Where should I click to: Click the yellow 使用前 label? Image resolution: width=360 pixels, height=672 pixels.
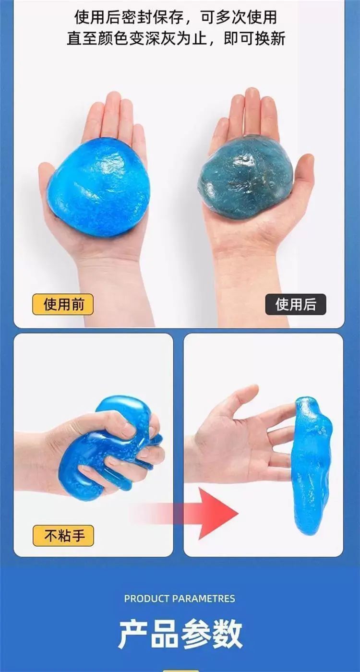click(63, 304)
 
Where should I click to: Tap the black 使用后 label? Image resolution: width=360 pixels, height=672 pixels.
click(296, 304)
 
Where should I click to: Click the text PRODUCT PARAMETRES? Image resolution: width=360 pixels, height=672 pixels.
click(180, 599)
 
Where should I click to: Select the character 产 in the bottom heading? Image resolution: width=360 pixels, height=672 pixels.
click(133, 635)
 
